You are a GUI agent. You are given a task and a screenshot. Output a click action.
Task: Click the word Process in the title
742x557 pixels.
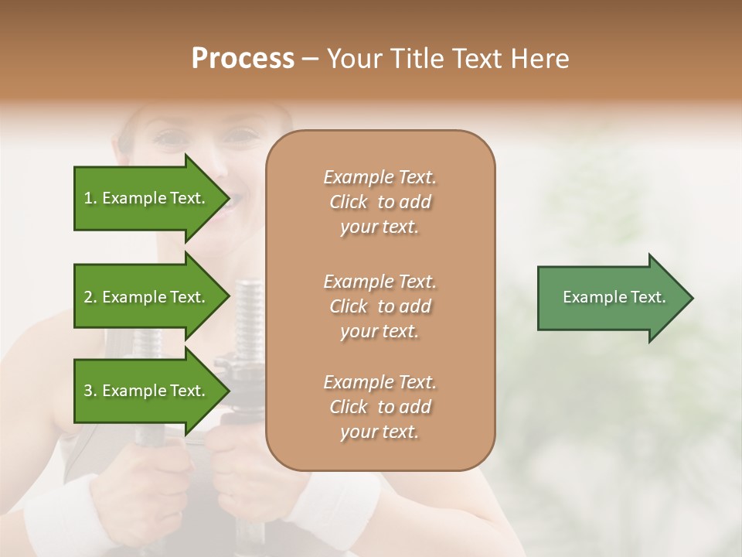point(243,59)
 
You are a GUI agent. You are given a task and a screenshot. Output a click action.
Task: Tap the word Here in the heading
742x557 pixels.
point(540,59)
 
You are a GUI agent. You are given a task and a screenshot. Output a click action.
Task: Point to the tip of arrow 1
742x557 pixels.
point(228,198)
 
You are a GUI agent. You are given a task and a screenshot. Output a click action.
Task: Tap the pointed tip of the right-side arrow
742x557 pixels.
point(692,297)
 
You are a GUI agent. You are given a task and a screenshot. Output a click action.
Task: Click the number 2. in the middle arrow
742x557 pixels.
point(90,297)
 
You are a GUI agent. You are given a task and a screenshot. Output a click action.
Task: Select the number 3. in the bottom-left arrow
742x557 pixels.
point(90,391)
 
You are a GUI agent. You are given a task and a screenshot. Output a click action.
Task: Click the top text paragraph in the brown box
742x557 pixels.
point(380,202)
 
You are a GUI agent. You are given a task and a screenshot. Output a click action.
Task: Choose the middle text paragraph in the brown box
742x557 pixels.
point(380,306)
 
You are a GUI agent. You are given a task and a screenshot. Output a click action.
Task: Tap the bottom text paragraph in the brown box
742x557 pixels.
point(380,407)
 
